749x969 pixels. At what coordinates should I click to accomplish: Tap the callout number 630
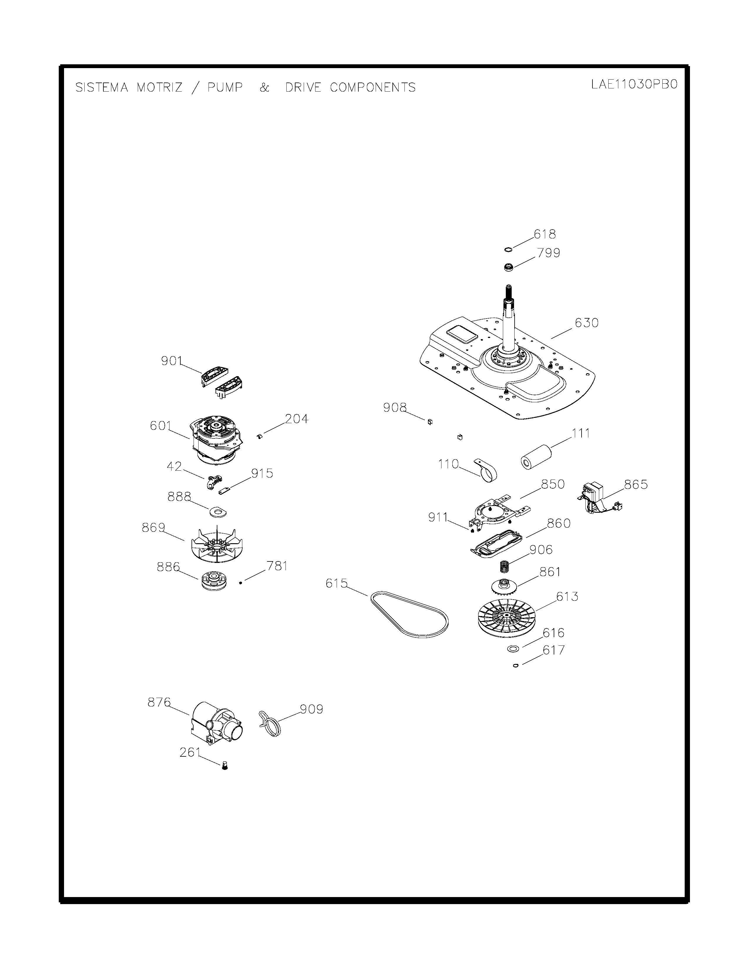[x=587, y=322]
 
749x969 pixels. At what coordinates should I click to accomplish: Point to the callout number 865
[x=636, y=484]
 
